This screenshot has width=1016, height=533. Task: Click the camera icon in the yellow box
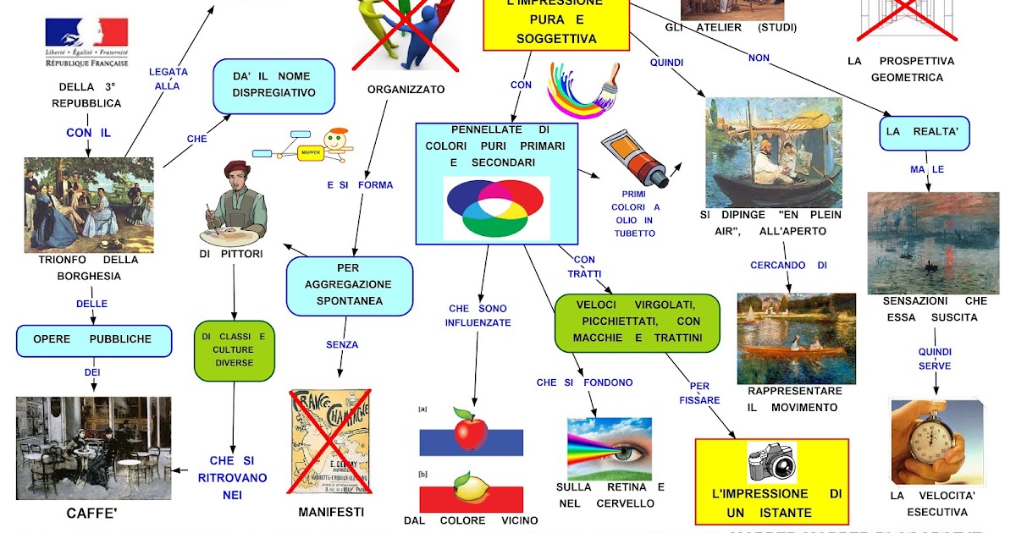coord(771,462)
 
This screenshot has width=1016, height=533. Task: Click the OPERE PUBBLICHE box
coord(93,340)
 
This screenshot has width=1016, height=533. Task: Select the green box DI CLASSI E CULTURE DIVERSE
coord(234,350)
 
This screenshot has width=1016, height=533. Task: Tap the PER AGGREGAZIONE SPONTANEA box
coord(350,285)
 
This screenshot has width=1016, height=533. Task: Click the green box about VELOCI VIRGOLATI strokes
coord(637,322)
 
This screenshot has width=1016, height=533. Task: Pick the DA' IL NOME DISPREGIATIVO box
coord(273,85)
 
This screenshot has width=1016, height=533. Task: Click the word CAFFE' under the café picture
coord(91,513)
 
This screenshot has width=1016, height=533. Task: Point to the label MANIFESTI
coord(331,512)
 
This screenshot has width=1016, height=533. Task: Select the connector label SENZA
coord(342,344)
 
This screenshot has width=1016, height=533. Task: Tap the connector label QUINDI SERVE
coord(935,359)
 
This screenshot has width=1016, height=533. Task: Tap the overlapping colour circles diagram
coord(496,206)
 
